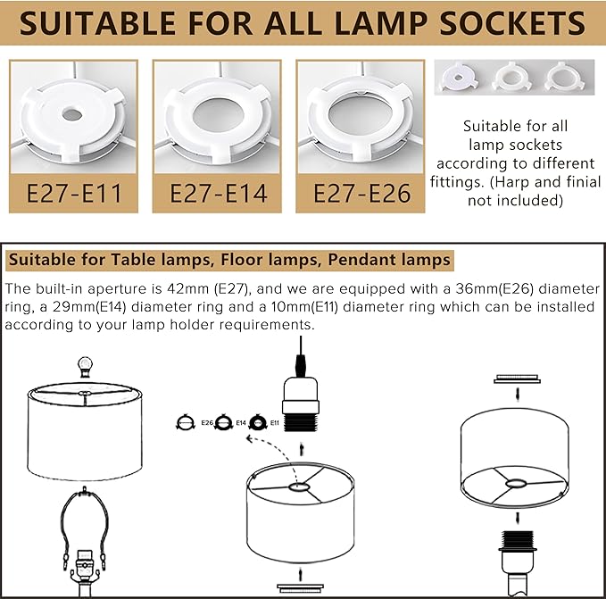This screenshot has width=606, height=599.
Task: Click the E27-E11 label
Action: coord(74,193)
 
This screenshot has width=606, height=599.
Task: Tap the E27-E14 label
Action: coord(219,193)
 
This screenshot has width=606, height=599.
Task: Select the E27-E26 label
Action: coord(361,193)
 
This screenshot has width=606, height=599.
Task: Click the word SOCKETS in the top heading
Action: coord(512,23)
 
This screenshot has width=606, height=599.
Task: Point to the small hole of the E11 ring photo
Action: coord(72,114)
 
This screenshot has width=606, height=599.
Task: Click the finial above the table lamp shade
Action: coord(85,367)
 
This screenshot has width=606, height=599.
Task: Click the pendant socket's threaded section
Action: coord(301,422)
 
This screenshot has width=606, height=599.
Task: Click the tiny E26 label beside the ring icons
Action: coord(207,423)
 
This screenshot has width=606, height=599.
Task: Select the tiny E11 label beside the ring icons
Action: coord(275,423)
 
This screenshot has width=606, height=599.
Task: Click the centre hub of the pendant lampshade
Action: coord(298,487)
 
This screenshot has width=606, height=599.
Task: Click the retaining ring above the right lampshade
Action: coord(517,379)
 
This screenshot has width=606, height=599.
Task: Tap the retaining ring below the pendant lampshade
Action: coord(300,588)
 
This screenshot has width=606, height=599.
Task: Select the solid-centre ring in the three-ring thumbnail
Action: coord(459,78)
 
